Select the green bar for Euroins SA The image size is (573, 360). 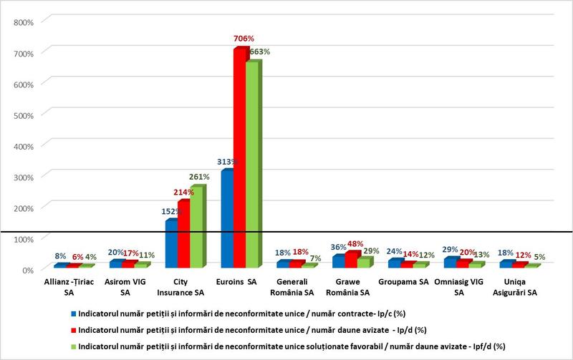[252, 165]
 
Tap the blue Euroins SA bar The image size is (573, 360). [226, 218]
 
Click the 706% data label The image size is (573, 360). [244, 38]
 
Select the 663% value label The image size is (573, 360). [259, 52]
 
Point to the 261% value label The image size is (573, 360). [199, 176]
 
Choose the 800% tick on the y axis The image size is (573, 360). [24, 21]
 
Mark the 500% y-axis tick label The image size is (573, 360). [24, 115]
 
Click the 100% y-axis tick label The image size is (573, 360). [24, 238]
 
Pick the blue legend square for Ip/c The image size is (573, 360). [74, 313]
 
